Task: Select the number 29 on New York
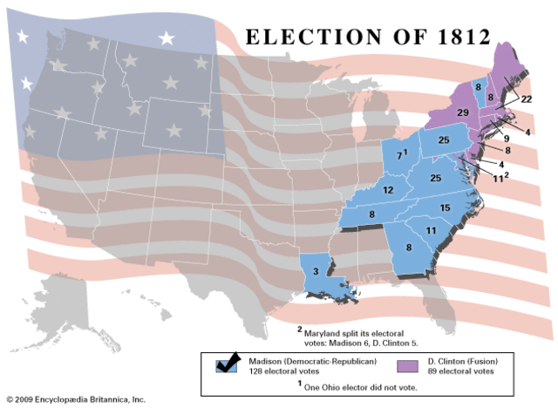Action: [x=463, y=114]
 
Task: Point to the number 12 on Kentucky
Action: [x=389, y=190]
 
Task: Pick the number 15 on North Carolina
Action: [x=445, y=207]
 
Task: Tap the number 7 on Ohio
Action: [x=399, y=155]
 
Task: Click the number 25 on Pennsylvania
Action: [x=443, y=140]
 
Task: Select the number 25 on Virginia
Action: [x=436, y=178]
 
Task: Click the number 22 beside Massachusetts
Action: [x=527, y=100]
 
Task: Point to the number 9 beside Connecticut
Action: [x=506, y=138]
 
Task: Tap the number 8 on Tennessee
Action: [x=371, y=214]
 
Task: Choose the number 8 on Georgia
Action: [x=409, y=248]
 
